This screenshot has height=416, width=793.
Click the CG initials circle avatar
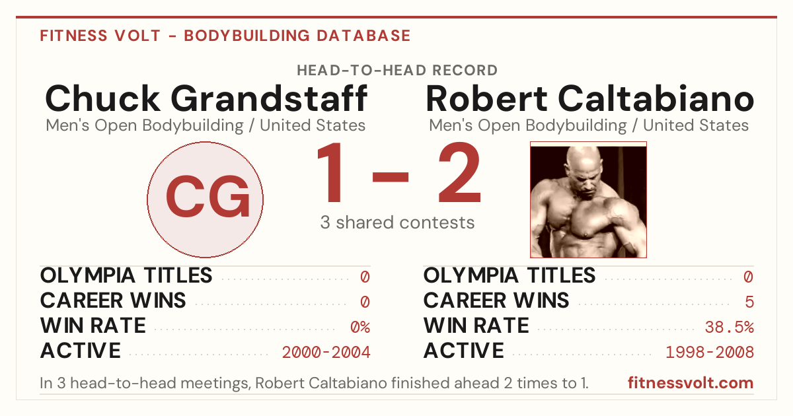click(x=205, y=199)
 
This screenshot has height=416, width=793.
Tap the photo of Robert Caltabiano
click(x=588, y=199)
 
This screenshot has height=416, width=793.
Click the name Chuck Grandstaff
click(x=206, y=98)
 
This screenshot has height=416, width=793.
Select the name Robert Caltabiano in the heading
click(x=589, y=98)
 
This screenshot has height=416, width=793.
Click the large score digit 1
click(x=330, y=172)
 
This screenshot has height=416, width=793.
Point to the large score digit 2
click(x=460, y=172)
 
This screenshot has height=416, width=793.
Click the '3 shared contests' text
click(x=397, y=223)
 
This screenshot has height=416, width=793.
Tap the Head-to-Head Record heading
click(x=397, y=71)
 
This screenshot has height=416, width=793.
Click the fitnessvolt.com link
click(x=691, y=383)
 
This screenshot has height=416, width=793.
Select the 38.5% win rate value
click(x=730, y=328)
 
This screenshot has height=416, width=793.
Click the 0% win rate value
click(x=360, y=328)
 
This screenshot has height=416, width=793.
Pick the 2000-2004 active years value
click(x=326, y=353)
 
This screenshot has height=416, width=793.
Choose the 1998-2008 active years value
click(x=710, y=353)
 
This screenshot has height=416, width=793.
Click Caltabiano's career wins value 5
click(x=749, y=302)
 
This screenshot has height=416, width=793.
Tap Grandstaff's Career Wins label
click(x=113, y=300)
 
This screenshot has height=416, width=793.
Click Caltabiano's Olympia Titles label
click(x=510, y=275)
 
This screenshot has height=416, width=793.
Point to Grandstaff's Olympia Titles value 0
click(x=365, y=277)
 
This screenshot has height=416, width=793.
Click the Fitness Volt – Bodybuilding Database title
click(x=225, y=36)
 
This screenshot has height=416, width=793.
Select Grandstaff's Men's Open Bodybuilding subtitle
click(x=206, y=125)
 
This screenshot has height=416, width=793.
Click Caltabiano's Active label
click(x=464, y=351)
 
